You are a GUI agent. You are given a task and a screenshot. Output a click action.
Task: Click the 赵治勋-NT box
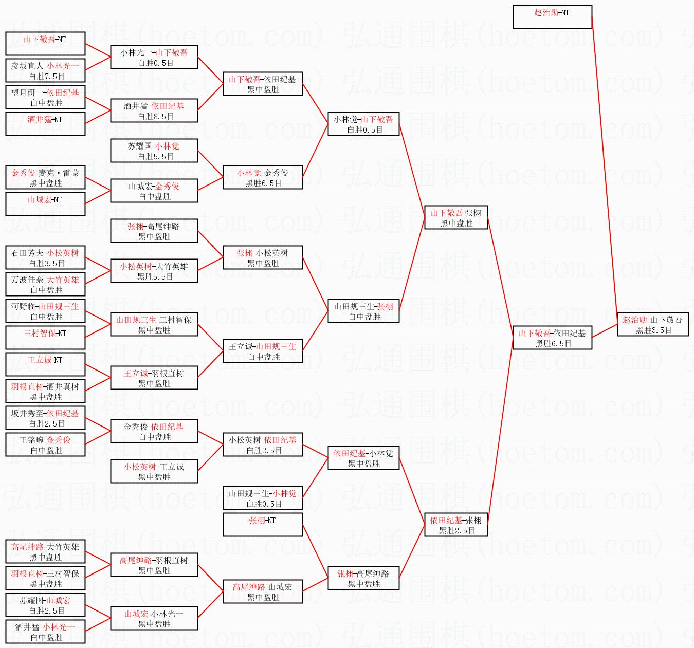552,17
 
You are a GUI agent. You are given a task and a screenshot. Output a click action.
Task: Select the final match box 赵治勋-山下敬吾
652,325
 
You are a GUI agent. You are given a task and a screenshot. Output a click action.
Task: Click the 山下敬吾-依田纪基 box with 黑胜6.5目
552,338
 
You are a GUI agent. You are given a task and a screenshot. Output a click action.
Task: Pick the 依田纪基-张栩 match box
456,525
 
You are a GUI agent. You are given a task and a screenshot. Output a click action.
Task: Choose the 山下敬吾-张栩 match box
456,218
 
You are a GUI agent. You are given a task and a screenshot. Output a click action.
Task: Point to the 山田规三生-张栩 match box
364,311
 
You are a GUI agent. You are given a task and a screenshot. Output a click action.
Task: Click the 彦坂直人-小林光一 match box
45,71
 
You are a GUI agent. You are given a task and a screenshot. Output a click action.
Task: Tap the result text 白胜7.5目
47,77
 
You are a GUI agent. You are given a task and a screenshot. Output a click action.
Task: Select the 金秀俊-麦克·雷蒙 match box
45,178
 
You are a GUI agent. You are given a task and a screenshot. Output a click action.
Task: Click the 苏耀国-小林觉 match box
154,151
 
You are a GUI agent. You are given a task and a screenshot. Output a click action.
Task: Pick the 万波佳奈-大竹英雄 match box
45,285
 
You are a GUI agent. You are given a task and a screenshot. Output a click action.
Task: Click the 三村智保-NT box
45,338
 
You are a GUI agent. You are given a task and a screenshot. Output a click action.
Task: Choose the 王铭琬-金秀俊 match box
45,445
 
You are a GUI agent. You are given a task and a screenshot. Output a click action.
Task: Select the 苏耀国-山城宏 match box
45,605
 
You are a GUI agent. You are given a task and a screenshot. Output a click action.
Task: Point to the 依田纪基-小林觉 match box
364,458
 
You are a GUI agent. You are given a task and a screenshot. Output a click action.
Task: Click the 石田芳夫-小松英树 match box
45,258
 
